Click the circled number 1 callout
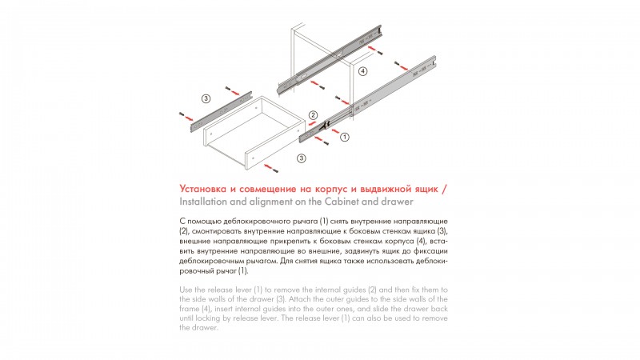345,138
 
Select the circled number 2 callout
313,115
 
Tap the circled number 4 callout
362,71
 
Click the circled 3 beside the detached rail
206,98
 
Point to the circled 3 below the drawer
301,158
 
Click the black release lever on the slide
326,126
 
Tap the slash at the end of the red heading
445,188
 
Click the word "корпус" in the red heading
306,188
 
